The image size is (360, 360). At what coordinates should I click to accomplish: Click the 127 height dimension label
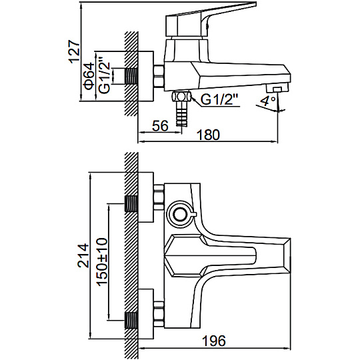point(75,51)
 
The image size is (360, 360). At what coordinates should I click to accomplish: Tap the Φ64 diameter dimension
point(89,75)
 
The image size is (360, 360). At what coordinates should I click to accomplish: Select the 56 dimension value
point(160,126)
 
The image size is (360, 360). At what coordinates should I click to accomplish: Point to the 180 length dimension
point(209,135)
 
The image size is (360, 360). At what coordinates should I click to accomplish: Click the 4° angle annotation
point(268,101)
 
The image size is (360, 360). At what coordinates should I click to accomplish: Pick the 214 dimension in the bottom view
point(83,255)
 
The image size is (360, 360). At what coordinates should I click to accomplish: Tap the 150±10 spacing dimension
point(102,262)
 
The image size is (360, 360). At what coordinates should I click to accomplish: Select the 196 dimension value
point(214,341)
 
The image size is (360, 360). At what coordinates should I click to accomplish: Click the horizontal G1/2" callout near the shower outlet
point(219,99)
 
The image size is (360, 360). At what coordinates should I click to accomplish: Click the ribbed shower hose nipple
point(182,114)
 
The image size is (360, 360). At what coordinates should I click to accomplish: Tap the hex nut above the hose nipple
point(182,96)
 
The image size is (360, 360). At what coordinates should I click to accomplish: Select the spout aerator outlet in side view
point(277,88)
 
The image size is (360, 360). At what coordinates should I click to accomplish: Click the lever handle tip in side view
point(252,5)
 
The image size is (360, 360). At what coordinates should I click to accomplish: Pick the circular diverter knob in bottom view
point(180,215)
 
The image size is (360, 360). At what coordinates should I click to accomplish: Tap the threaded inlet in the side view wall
point(131,76)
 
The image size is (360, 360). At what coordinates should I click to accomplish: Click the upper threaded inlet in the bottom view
point(131,203)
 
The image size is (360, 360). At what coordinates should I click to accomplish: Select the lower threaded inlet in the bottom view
point(131,321)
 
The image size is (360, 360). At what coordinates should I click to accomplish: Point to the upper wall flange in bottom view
point(146,197)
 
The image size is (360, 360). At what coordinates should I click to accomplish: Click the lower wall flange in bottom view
point(146,313)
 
